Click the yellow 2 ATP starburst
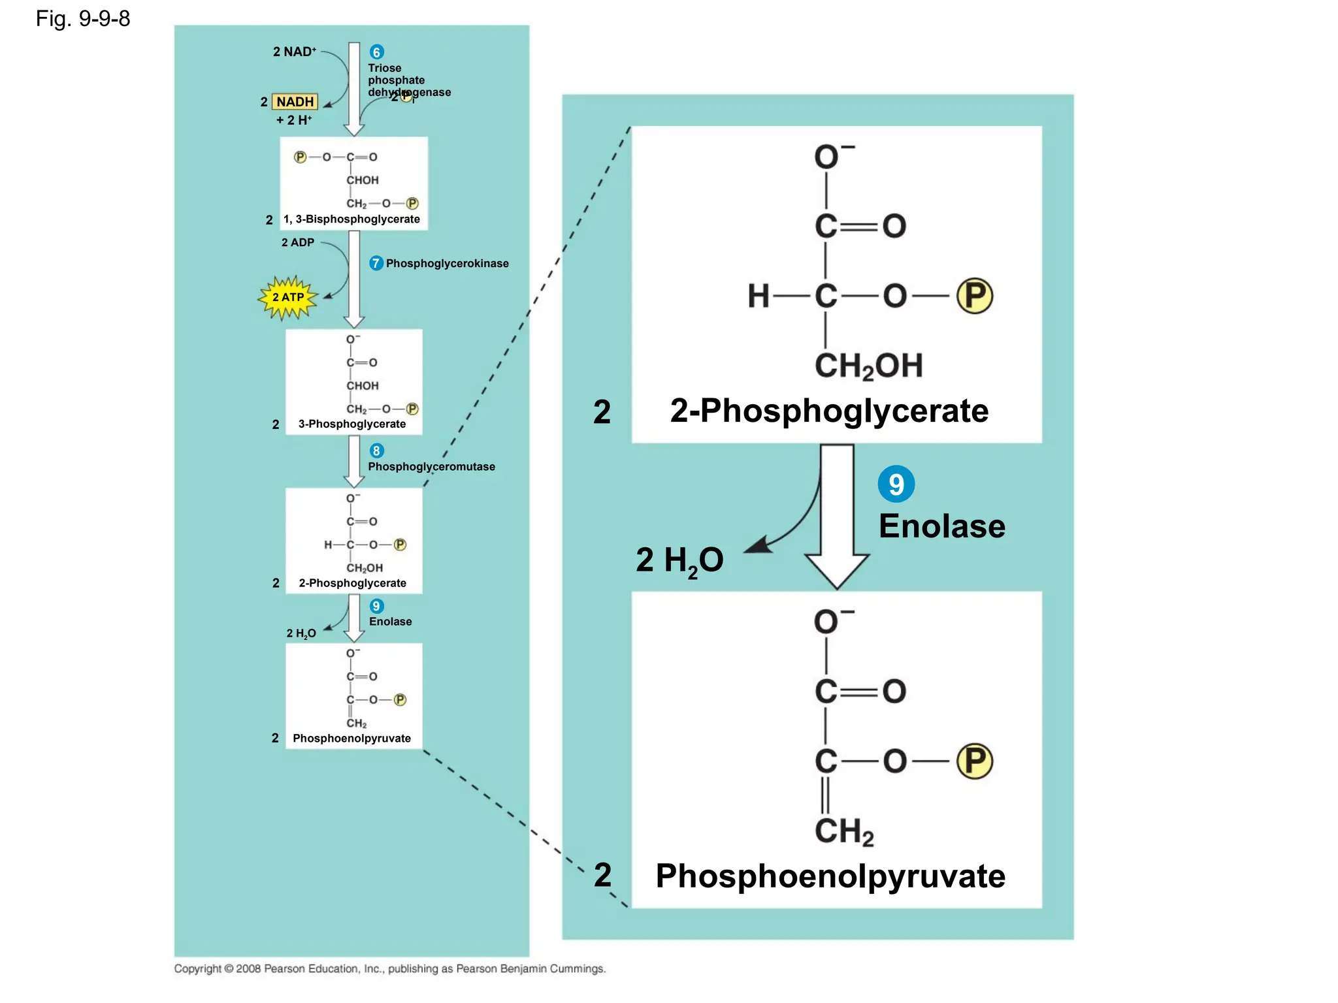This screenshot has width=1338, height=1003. (x=288, y=298)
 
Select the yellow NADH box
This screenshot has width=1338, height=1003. (x=295, y=102)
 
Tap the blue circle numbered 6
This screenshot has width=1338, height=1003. (x=377, y=52)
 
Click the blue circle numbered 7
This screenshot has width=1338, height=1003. (x=376, y=263)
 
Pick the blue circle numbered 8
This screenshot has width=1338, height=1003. (x=377, y=451)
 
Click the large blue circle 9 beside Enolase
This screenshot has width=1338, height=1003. (x=896, y=484)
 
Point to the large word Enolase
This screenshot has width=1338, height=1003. (x=941, y=526)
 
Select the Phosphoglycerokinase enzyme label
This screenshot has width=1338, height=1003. (x=447, y=264)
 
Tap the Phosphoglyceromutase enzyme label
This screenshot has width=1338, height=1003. (x=431, y=467)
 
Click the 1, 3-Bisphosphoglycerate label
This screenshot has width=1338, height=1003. (x=351, y=219)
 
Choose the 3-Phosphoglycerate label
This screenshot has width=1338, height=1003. (x=352, y=424)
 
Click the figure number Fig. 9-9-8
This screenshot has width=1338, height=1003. (x=83, y=19)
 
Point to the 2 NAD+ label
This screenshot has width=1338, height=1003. (x=294, y=52)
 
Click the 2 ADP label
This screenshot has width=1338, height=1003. (x=298, y=242)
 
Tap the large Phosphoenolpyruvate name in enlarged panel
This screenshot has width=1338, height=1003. (x=830, y=876)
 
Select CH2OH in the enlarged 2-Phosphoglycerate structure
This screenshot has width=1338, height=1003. (x=868, y=366)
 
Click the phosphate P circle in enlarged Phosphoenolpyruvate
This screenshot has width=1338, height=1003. (x=974, y=761)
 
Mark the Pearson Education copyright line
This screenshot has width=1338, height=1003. (x=390, y=969)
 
